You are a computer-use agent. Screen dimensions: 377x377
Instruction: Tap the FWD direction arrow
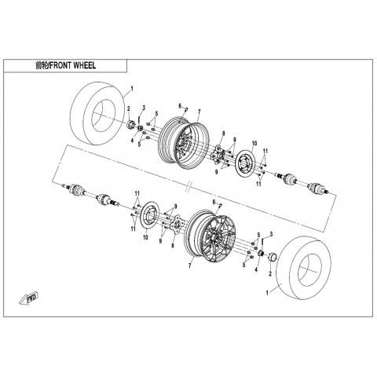pos(29,298)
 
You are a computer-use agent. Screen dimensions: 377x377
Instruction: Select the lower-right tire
pos(304,268)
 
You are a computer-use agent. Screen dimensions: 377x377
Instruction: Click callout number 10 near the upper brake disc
pos(254,143)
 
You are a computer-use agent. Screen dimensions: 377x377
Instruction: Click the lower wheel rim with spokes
pos(214,236)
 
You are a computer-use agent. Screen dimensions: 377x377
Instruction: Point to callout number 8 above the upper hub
pos(223,134)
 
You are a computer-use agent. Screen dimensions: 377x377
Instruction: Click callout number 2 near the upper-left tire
pos(129,108)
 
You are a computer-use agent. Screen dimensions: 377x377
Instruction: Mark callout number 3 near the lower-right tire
pos(271,233)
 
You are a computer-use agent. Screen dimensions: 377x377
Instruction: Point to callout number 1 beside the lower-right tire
pos(267,293)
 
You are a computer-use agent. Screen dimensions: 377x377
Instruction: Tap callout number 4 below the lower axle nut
pos(256,269)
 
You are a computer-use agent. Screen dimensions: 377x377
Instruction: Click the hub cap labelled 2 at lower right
pos(272,257)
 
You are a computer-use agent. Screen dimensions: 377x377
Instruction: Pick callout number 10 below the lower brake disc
pos(145,237)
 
